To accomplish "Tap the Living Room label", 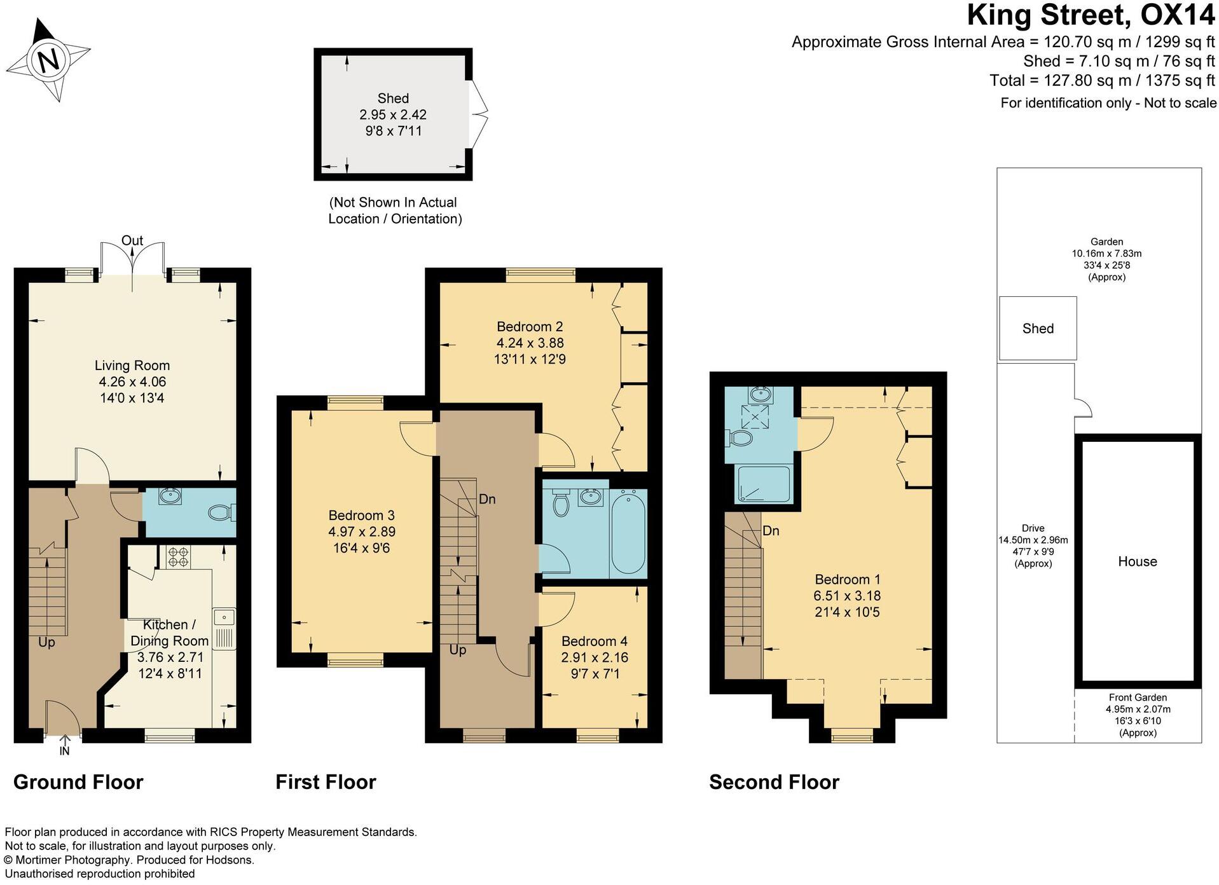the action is point(132,366).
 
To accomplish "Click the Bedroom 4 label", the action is point(595,641).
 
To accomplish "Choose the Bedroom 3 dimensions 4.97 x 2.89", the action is point(362,532).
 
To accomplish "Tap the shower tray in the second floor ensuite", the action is point(763,484).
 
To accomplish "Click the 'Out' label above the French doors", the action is point(132,240).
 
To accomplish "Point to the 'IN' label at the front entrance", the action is point(64,751).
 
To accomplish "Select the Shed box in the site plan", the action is point(1038,328).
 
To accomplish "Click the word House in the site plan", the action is point(1138,561).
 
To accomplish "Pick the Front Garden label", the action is point(1138,697).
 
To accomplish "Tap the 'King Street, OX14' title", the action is point(1091,15).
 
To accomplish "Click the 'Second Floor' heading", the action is point(774,782).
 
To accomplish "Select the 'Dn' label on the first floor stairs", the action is point(487,499).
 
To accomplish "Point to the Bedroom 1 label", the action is point(848,579).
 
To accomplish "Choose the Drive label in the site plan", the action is point(1033,528).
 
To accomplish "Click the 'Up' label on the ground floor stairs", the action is point(46,643).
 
